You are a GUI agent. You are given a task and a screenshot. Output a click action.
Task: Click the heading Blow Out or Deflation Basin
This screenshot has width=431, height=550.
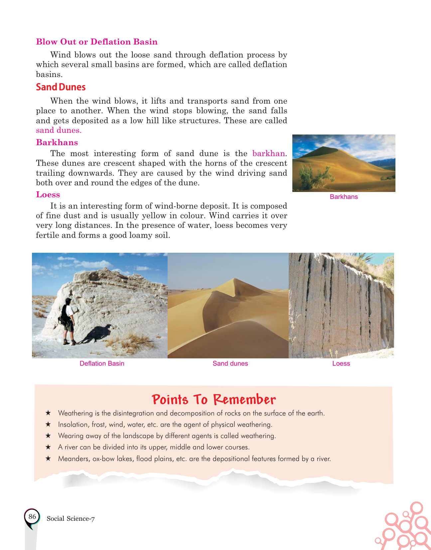tap(96, 42)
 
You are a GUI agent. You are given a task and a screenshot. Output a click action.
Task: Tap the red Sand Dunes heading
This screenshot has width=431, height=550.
tap(61, 87)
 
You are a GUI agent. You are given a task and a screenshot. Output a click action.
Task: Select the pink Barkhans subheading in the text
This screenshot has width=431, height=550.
tap(57, 142)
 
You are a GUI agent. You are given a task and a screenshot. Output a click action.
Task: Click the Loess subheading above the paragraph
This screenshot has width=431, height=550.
tap(48, 195)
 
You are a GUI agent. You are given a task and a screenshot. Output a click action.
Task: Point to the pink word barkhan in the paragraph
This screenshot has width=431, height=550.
tap(268, 153)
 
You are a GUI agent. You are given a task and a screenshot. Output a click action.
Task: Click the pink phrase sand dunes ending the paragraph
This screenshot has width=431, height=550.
tap(59, 130)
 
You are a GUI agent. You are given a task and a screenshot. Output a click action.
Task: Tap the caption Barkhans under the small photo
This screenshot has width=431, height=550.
tap(344, 197)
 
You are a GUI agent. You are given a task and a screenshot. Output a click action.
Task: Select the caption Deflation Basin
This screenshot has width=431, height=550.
tap(102, 363)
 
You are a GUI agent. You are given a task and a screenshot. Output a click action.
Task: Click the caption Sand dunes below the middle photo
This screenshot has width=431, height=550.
tap(230, 363)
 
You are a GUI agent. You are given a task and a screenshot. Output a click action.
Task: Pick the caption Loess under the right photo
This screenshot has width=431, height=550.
tap(341, 363)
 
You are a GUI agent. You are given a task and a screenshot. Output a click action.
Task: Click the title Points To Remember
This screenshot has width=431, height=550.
tap(214, 400)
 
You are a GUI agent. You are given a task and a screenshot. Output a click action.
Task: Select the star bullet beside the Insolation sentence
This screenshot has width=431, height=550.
tap(48, 424)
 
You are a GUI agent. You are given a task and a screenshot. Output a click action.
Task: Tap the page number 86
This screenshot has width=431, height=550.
tap(32, 516)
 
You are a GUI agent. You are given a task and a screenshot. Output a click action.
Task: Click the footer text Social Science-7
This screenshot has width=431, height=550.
tap(71, 518)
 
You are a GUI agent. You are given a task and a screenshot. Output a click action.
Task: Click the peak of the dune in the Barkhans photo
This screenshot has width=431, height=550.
tap(322, 146)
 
